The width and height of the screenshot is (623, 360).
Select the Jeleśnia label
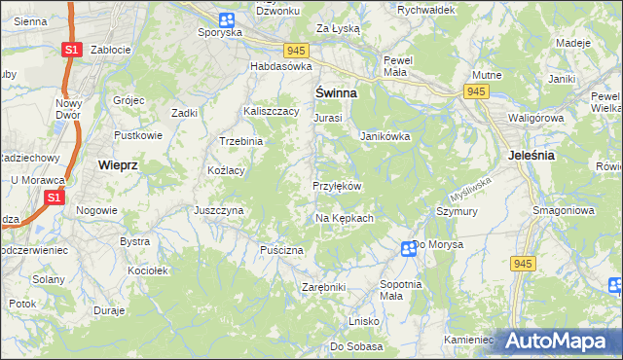tap(531, 155)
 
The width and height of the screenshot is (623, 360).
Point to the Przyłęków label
tap(337, 186)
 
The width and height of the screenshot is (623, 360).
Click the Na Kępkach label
tap(345, 218)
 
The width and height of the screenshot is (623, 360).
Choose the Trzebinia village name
tap(241, 141)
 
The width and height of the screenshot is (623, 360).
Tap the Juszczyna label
tap(218, 209)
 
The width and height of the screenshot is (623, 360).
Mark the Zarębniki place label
tap(324, 287)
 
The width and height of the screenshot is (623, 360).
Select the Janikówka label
tap(385, 136)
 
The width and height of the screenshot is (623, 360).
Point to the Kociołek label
tap(148, 270)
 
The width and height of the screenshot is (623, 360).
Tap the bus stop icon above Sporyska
tap(227, 18)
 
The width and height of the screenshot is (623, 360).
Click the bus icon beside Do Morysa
tap(409, 249)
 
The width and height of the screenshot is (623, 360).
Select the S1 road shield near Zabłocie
tap(70, 50)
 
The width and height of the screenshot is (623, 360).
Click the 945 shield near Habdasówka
tap(297, 50)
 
